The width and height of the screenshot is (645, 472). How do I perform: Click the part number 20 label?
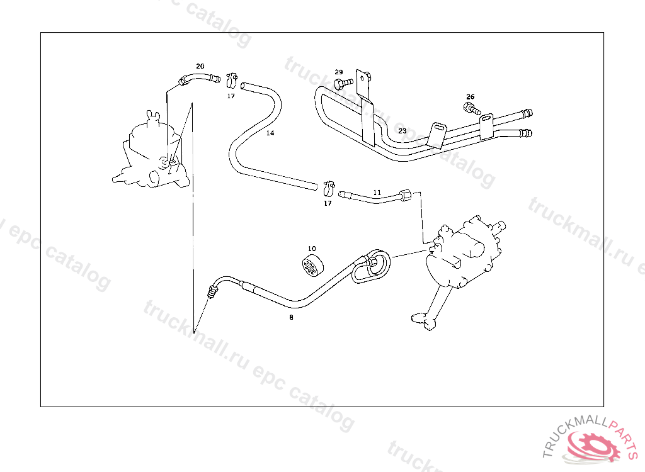(x=200, y=66)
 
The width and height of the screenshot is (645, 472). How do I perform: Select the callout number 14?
(x=270, y=133)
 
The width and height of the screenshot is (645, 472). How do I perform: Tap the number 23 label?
(x=402, y=131)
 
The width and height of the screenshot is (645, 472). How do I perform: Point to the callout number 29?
(x=339, y=72)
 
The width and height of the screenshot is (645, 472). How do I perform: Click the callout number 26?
(x=471, y=97)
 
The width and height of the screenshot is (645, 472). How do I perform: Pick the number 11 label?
(x=377, y=192)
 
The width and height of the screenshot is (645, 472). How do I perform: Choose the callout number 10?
(x=312, y=249)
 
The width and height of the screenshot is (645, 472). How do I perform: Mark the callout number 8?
(x=291, y=317)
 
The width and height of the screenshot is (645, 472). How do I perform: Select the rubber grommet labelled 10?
(x=311, y=266)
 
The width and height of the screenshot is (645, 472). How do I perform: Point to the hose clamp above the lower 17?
(x=328, y=187)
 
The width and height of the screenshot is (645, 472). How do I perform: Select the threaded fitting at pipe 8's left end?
(x=213, y=291)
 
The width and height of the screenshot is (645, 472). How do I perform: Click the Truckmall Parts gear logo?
(x=595, y=446)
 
